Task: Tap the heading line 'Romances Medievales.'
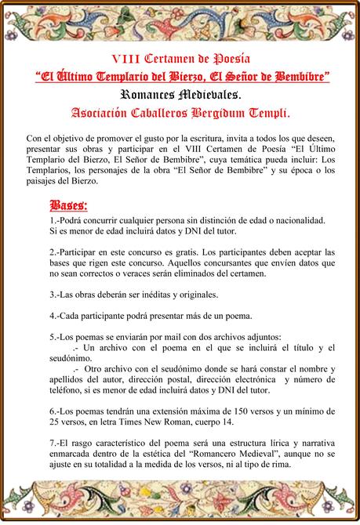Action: click(180, 95)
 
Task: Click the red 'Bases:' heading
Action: click(68, 206)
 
